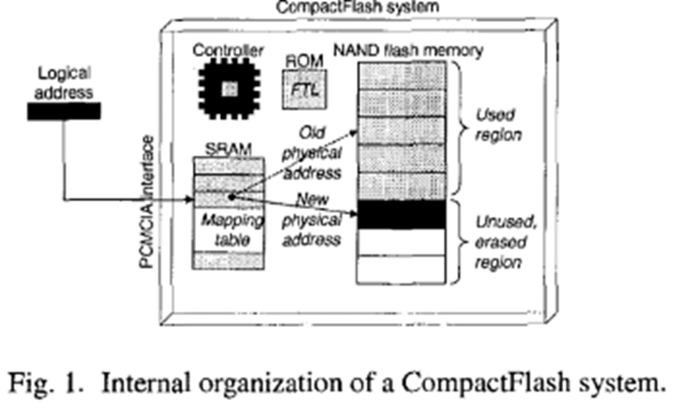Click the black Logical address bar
tap(64, 111)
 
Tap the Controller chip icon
tap(229, 90)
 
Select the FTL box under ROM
tap(305, 90)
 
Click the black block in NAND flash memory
tap(401, 214)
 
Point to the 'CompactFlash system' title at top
tap(357, 7)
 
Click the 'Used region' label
tap(497, 125)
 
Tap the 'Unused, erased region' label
tap(504, 242)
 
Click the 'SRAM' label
tap(228, 149)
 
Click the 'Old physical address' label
tap(312, 153)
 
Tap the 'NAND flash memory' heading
tap(408, 51)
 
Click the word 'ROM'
tap(304, 61)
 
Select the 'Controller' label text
tap(228, 50)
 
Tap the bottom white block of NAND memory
tap(401, 269)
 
